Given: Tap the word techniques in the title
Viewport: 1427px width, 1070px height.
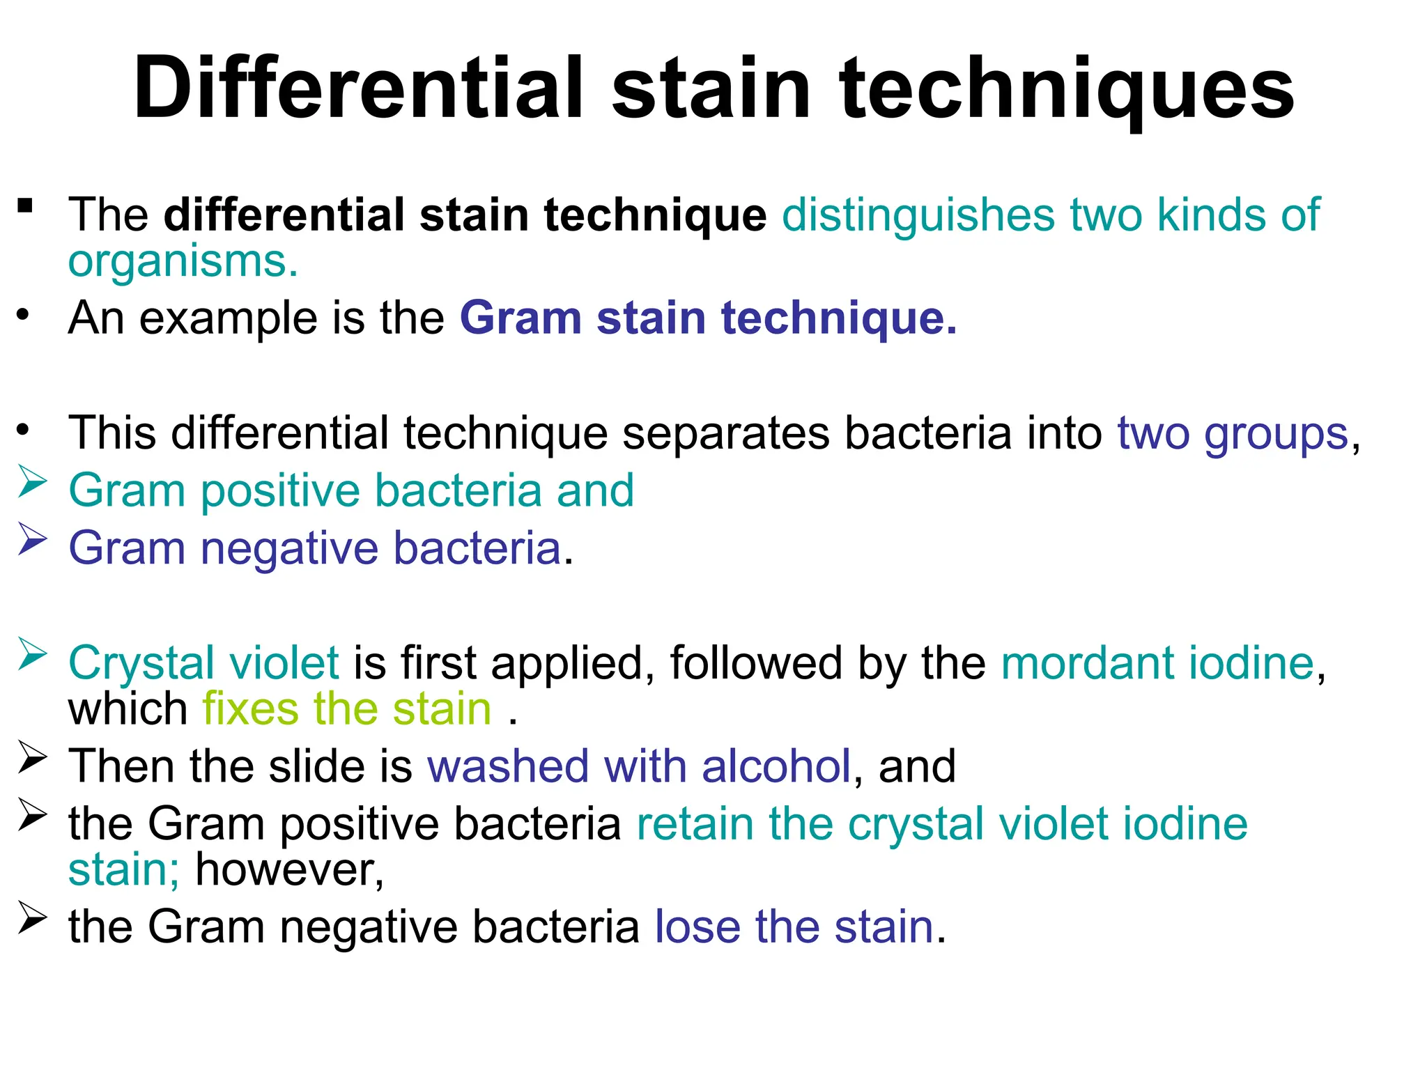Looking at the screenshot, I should [1067, 89].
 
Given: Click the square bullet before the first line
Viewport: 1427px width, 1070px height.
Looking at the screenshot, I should [26, 206].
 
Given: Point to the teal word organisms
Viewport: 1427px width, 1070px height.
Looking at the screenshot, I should [183, 261].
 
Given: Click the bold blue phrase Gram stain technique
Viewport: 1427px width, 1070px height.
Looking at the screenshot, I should [708, 318].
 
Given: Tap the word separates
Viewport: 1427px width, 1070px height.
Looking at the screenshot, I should [725, 433].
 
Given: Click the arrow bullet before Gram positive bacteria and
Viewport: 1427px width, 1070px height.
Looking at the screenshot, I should [31, 482].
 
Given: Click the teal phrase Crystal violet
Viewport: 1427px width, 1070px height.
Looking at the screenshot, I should [203, 662].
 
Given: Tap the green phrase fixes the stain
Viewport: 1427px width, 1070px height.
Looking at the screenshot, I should [347, 709].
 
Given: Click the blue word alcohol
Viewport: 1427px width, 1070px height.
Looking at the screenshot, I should [776, 766].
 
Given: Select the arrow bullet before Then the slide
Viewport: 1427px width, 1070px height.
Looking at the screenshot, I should [31, 758].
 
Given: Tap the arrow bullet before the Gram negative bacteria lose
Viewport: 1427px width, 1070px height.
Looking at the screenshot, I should [31, 918].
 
